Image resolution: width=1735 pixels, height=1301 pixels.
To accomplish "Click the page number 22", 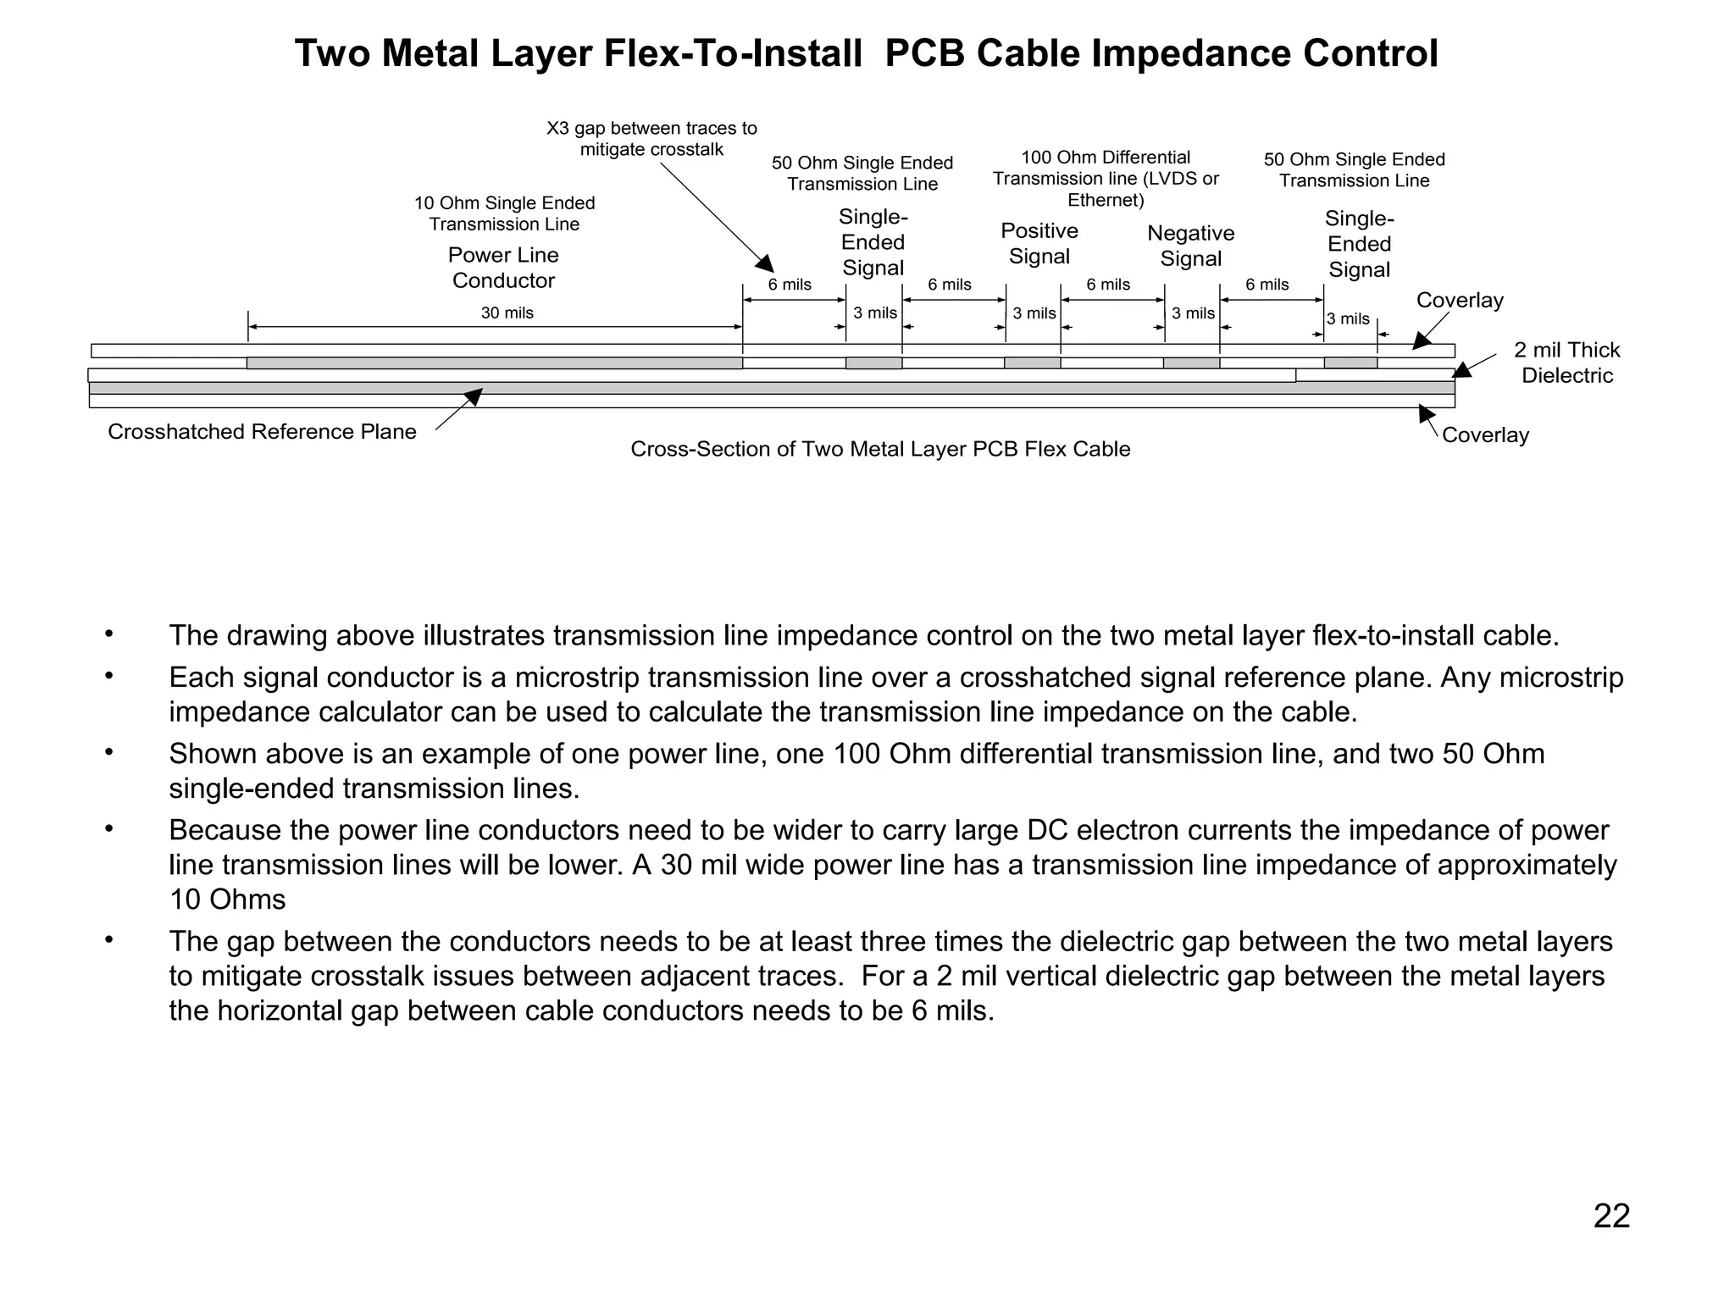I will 1611,1216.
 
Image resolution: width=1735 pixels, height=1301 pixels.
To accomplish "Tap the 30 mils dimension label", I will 507,313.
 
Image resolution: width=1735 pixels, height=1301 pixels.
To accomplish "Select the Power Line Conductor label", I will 503,268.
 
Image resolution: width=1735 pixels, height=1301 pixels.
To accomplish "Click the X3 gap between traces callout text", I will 651,139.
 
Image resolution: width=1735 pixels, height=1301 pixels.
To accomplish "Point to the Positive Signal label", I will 1039,243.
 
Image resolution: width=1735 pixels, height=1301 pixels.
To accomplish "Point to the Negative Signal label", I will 1190,246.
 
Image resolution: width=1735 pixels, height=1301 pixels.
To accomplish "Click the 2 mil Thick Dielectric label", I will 1566,363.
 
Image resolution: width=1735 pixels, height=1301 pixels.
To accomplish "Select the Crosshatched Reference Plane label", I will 262,432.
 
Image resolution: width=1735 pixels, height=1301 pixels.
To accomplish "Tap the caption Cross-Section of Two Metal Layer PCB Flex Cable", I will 880,449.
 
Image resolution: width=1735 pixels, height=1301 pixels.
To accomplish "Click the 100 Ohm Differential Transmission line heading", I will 1106,179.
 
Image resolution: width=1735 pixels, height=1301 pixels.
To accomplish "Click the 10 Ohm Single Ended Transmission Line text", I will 504,213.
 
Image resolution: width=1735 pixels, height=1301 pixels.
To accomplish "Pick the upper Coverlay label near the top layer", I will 1460,301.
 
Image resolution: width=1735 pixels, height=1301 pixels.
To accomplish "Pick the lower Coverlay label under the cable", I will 1485,435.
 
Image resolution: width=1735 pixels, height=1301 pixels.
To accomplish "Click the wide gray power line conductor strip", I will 494,363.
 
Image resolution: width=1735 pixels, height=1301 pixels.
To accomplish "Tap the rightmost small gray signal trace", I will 1350,363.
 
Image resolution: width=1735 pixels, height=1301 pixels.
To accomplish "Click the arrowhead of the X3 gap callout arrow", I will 766,263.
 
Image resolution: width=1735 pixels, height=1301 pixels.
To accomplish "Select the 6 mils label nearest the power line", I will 790,285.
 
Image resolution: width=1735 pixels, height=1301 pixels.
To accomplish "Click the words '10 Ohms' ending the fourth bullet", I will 227,900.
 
